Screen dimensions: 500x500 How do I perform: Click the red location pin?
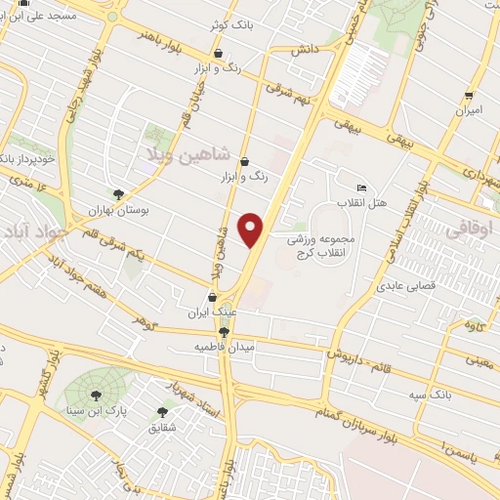253,230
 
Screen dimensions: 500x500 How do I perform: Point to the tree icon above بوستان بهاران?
118,193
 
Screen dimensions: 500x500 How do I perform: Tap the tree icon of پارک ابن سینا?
96,395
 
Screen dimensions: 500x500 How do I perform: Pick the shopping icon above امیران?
470,96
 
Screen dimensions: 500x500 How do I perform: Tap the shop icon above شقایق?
162,410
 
